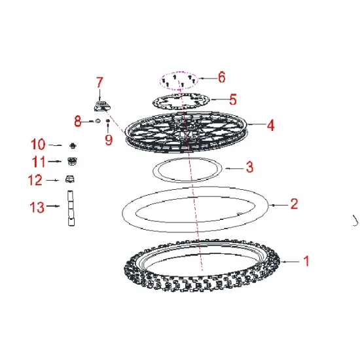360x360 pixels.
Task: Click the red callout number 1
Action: click(x=306, y=261)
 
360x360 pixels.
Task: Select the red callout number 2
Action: click(x=295, y=204)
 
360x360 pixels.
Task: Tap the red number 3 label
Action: click(x=250, y=167)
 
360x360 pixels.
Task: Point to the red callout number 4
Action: click(x=271, y=126)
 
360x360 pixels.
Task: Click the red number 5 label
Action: click(x=233, y=99)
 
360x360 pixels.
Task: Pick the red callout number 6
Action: click(x=221, y=77)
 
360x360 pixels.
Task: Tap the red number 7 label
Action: click(x=99, y=82)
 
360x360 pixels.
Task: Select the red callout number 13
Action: click(x=37, y=207)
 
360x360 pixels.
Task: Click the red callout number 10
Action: click(x=38, y=144)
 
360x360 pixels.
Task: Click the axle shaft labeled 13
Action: click(x=71, y=208)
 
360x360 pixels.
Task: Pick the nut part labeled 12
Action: click(x=70, y=179)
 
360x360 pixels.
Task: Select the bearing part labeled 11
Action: click(x=72, y=161)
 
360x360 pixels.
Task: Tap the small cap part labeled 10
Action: click(x=73, y=145)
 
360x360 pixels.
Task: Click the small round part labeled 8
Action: click(x=98, y=121)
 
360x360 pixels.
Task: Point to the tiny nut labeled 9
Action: click(x=108, y=121)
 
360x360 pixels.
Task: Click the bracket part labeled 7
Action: click(x=101, y=106)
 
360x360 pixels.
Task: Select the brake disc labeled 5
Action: click(x=181, y=101)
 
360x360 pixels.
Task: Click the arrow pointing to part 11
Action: click(x=55, y=162)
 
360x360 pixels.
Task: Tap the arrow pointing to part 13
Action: click(x=53, y=206)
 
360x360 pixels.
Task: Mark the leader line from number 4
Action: click(x=256, y=124)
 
